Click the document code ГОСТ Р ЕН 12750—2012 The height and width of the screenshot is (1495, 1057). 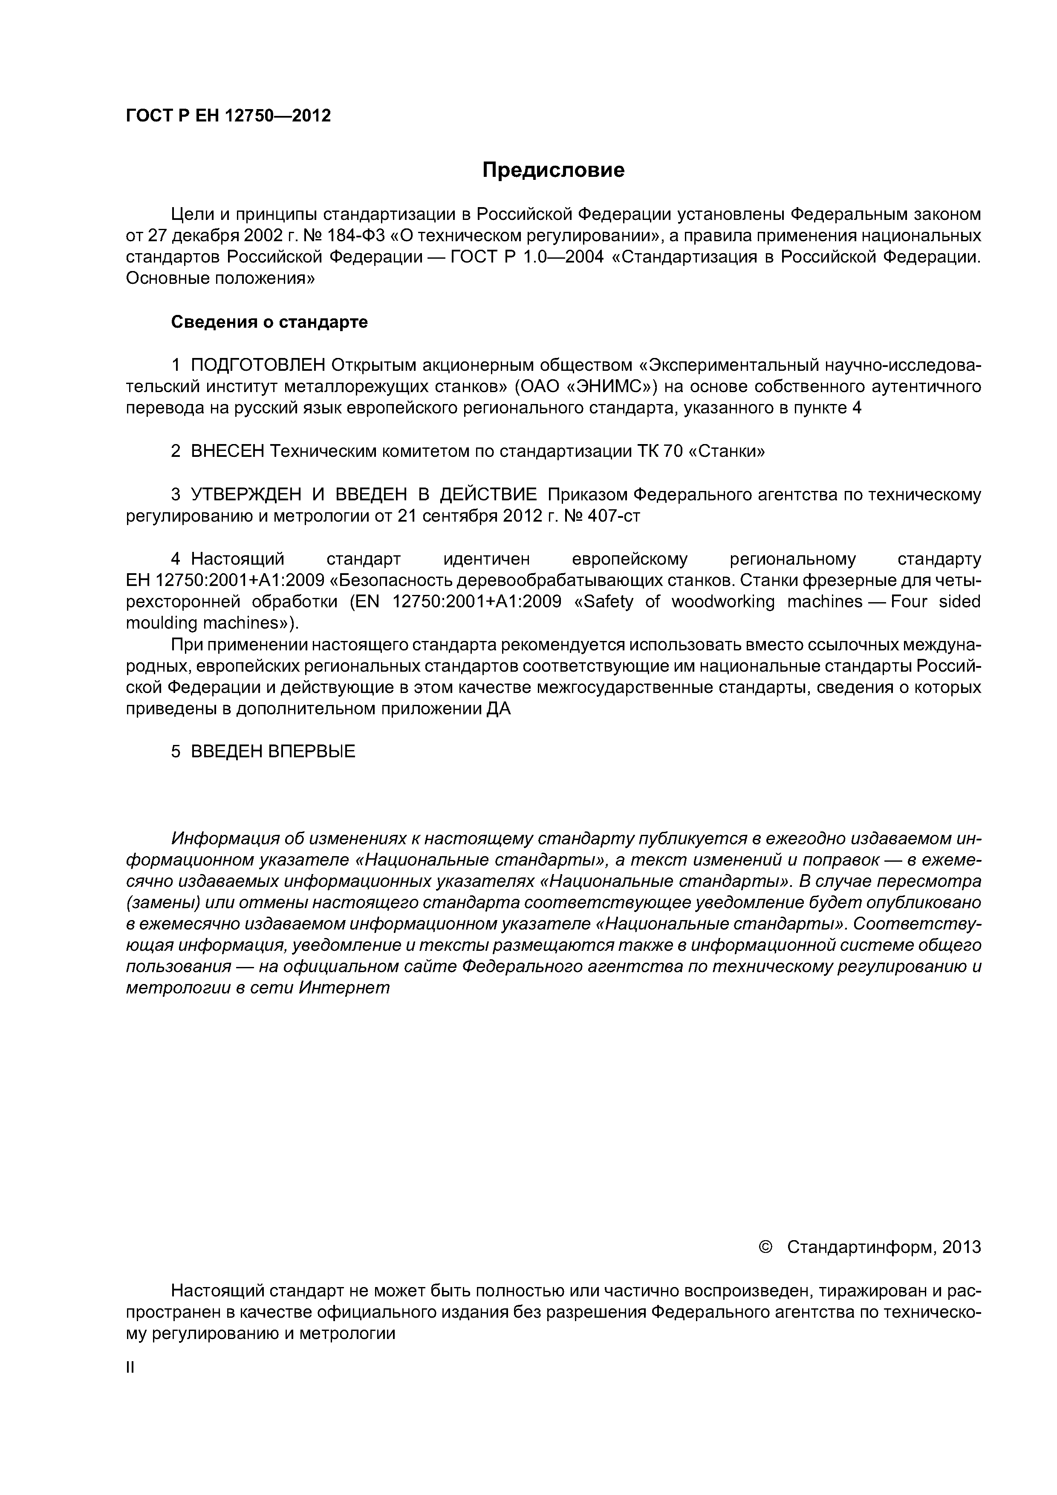[x=228, y=116]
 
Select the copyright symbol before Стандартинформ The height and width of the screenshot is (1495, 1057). [x=765, y=1247]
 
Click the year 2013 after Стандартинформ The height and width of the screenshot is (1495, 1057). [x=961, y=1247]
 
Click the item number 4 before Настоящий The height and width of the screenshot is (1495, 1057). [x=175, y=559]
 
